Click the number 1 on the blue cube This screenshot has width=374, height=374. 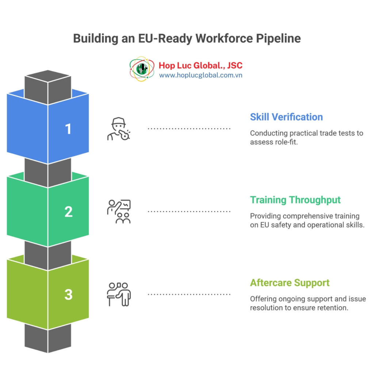[x=68, y=129]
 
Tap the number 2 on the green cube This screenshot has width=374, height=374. [x=68, y=212]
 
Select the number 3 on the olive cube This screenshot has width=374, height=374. [x=68, y=294]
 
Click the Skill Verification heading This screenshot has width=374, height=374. [x=286, y=117]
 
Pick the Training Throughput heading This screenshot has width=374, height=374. [x=295, y=200]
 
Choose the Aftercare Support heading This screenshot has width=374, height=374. [x=290, y=283]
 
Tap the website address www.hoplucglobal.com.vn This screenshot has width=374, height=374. [x=201, y=75]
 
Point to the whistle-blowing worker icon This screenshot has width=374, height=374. [x=119, y=129]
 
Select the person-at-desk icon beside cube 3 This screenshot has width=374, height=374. [x=119, y=294]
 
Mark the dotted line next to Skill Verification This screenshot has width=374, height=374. [x=189, y=129]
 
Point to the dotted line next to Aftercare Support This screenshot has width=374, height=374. [x=189, y=294]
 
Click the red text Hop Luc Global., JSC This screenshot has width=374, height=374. [x=201, y=66]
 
